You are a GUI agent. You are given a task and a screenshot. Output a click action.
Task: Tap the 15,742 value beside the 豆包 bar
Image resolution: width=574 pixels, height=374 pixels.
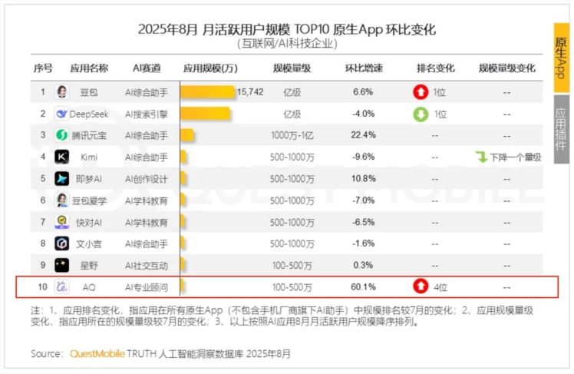250,91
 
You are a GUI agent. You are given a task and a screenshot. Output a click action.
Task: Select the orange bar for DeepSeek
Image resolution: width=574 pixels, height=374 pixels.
205,114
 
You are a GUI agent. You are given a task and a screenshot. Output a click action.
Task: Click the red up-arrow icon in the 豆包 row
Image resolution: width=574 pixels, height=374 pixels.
421,92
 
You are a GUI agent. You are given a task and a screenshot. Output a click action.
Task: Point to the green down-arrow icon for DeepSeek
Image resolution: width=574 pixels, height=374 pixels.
421,114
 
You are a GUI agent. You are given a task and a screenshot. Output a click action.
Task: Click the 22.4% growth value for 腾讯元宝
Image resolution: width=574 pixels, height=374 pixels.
362,135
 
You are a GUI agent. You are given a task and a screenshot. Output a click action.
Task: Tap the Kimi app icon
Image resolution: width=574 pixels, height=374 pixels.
62,157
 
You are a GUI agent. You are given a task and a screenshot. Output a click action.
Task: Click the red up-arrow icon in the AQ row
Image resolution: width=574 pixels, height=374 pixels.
421,286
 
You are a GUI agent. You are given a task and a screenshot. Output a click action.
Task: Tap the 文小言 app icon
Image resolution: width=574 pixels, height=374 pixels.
62,243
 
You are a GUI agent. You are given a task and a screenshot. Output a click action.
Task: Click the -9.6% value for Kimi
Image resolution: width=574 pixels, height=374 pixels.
362,157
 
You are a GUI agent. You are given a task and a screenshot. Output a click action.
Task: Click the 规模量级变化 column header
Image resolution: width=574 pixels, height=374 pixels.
506,68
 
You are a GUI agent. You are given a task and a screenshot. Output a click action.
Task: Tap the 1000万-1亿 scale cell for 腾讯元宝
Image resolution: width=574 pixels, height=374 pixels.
292,135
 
